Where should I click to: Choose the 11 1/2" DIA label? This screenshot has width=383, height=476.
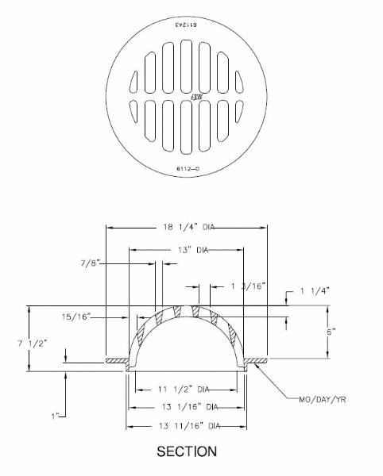(x=184, y=390)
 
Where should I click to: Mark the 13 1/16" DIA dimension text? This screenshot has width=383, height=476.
(x=186, y=407)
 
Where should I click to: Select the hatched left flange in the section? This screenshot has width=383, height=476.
(x=117, y=363)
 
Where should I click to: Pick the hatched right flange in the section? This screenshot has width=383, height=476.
(x=257, y=363)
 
